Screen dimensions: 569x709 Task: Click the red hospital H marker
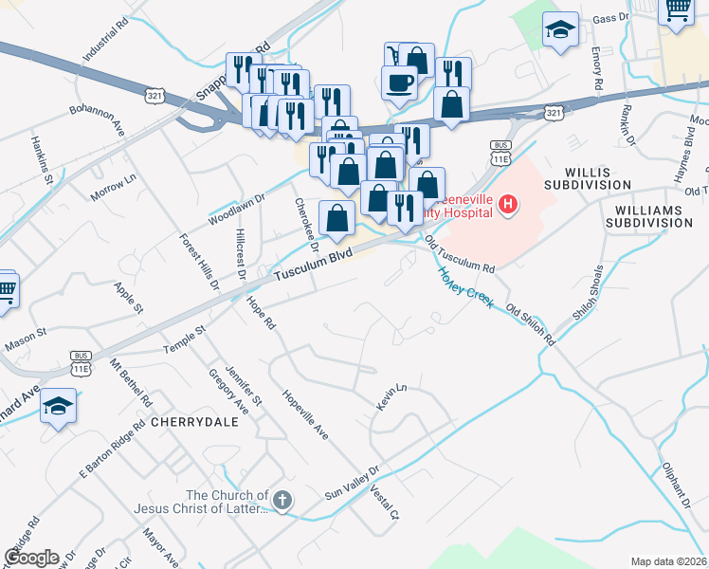pos(509,204)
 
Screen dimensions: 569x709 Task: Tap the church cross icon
pos(282,499)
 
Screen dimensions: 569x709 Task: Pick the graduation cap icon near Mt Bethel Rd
pos(59,407)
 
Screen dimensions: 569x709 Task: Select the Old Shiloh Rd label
pos(531,324)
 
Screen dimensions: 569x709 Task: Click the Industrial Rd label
pos(104,39)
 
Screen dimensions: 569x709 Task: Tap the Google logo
pos(32,557)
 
